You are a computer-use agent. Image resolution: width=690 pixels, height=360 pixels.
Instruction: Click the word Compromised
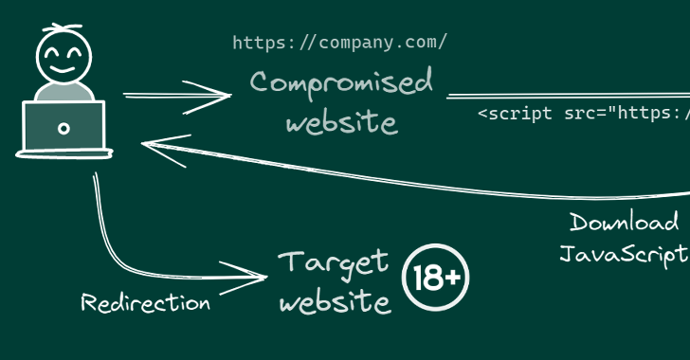click(341, 83)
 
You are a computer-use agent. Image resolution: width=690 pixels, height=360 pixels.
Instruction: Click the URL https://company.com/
click(339, 44)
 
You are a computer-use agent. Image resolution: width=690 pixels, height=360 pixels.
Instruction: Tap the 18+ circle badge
click(436, 278)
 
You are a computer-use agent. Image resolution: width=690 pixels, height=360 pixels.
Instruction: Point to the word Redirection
click(146, 303)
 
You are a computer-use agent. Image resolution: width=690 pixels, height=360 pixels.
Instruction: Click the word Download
click(624, 222)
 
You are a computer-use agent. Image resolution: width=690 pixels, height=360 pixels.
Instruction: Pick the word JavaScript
click(624, 255)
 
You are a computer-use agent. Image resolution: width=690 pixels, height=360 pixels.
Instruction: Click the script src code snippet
click(584, 114)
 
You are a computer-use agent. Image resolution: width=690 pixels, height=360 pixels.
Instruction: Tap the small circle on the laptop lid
click(64, 129)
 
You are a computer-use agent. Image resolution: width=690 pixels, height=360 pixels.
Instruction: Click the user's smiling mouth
click(62, 69)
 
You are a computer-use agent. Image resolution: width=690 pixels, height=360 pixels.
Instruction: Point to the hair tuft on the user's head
click(63, 27)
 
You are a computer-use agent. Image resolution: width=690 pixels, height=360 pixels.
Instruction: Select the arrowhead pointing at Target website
click(244, 278)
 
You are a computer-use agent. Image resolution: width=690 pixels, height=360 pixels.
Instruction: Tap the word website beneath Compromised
click(342, 122)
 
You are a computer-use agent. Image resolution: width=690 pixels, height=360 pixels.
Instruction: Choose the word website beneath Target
click(336, 302)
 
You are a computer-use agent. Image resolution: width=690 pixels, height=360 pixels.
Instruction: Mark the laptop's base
click(64, 153)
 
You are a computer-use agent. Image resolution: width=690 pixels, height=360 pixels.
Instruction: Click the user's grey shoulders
click(64, 92)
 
